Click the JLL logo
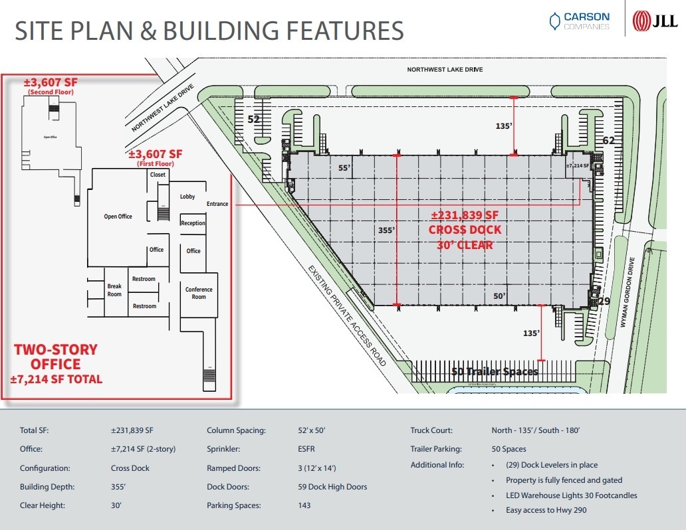point(655,21)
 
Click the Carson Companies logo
point(578,21)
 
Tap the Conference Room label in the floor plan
point(199,293)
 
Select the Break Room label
point(114,290)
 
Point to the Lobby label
point(187,197)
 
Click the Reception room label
point(193,223)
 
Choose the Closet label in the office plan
point(158,175)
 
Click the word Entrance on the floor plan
point(217,204)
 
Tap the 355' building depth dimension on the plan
point(386,230)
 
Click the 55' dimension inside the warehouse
point(344,169)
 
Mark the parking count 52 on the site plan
point(253,120)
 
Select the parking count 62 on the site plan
point(608,140)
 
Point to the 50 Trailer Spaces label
point(495,371)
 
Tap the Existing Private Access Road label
point(346,315)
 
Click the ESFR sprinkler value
point(306,449)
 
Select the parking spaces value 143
point(304,505)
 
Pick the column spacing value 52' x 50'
point(312,430)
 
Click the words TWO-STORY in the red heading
point(56,350)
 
